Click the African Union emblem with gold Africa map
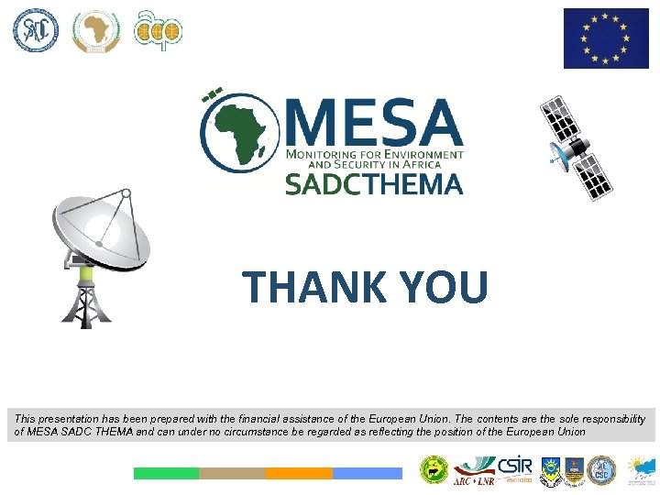tap(96, 31)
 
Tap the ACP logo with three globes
tap(157, 31)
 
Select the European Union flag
tap(606, 38)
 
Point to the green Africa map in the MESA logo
tap(237, 134)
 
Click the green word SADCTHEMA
tap(373, 183)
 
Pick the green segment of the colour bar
tap(166, 473)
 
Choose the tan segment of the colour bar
tap(232, 473)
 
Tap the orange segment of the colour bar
tap(299, 473)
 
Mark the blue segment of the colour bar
tap(367, 473)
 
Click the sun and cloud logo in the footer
tap(640, 470)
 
